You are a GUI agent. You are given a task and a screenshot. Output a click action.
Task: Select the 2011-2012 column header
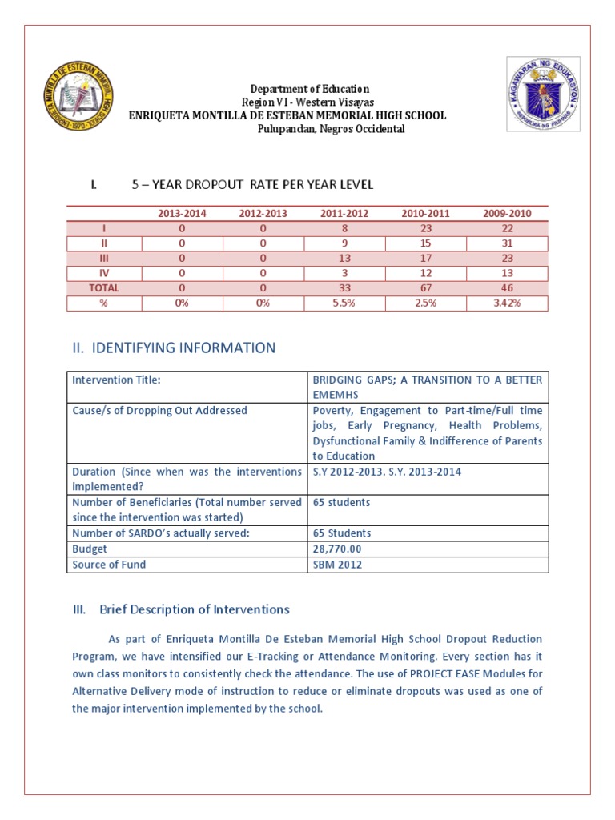[x=344, y=214]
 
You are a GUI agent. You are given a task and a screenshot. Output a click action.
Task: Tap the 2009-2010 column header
[x=508, y=214]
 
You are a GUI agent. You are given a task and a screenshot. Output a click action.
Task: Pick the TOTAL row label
[x=104, y=287]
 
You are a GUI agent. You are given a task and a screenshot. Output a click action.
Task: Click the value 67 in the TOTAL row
[x=426, y=287]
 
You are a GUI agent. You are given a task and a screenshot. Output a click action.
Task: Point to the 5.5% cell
[x=344, y=303]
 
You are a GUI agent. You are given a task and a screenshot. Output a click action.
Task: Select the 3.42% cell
[x=508, y=303]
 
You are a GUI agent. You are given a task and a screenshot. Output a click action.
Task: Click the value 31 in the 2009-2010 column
[x=508, y=243]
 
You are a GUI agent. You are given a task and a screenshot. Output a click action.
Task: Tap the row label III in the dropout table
[x=104, y=258]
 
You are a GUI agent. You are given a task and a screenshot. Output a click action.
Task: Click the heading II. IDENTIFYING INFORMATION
[x=174, y=348]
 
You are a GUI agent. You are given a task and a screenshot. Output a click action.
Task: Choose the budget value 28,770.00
[x=336, y=549]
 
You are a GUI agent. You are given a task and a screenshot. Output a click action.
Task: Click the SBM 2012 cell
[x=337, y=565]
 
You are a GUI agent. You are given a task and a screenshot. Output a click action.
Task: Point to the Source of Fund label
[x=109, y=565]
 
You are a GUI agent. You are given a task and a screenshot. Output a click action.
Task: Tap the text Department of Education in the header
[x=310, y=89]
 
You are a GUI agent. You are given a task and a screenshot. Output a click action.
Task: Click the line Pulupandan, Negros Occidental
[x=330, y=129]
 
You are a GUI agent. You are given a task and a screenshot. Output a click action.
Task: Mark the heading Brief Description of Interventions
[x=194, y=609]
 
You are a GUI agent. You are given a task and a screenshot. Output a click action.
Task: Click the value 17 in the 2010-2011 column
[x=426, y=258]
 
